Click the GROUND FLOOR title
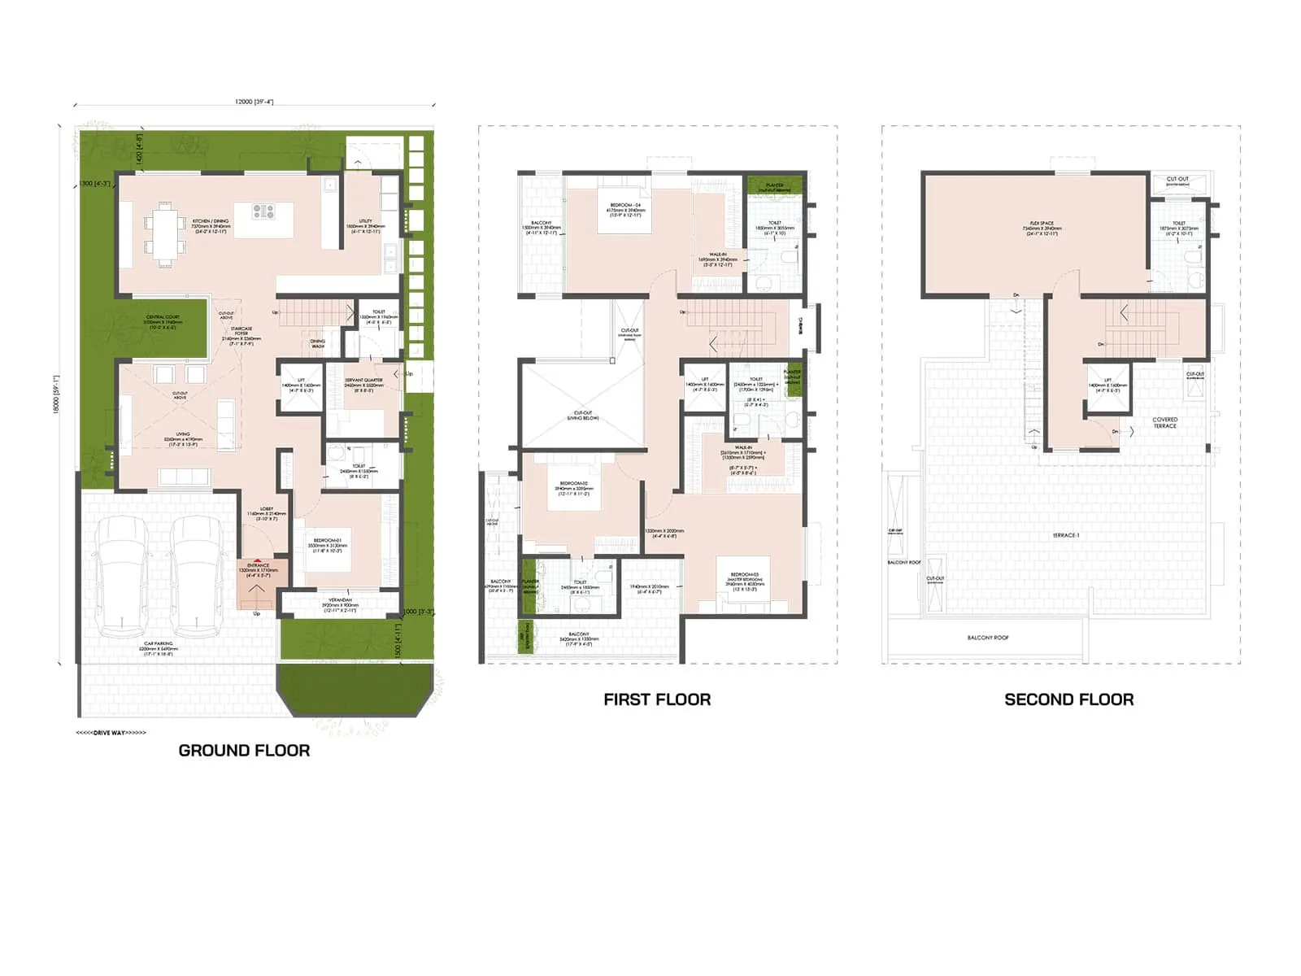(244, 751)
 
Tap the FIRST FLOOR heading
(657, 699)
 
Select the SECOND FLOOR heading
(1068, 699)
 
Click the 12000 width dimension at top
(254, 102)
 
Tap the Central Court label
(163, 321)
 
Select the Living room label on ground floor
(182, 438)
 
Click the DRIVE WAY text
(111, 733)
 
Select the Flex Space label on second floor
(1041, 227)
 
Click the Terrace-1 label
(1065, 535)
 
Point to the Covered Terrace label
(1164, 423)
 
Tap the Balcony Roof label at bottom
(987, 638)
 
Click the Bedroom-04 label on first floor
(624, 209)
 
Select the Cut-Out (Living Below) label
(582, 415)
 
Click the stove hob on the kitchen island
(263, 211)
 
